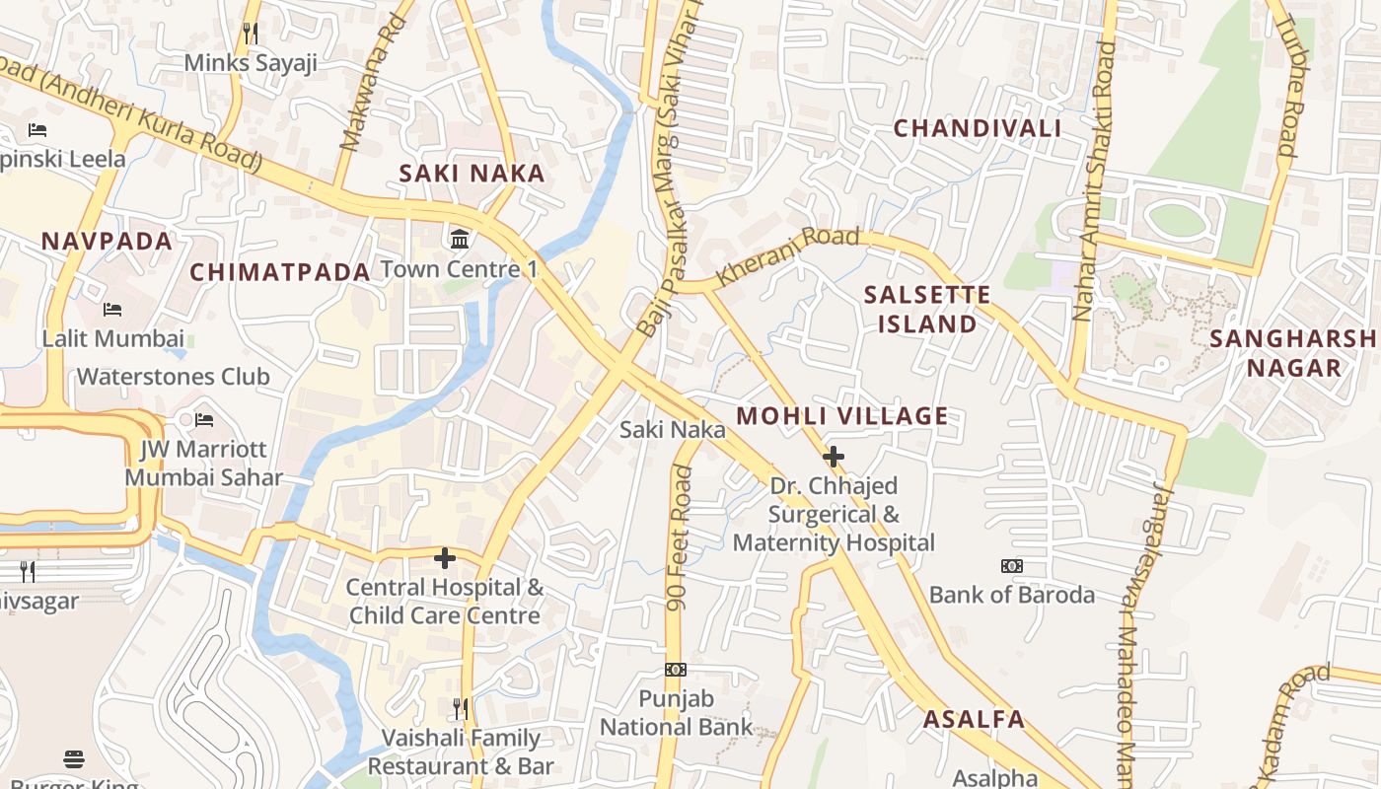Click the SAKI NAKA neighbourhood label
tap(472, 174)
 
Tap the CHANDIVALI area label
tap(977, 128)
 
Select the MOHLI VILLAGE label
tap(841, 416)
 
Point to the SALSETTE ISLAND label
tap(926, 310)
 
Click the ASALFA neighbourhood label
tap(974, 719)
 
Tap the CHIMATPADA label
tap(280, 272)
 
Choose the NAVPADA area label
tap(107, 241)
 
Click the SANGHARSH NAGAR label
tap(1293, 353)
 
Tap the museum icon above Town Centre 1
tap(460, 239)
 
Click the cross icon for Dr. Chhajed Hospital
tap(834, 457)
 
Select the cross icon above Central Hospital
tap(445, 558)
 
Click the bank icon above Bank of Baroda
tap(1011, 566)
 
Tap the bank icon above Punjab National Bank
tap(675, 670)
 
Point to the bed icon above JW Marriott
tap(204, 420)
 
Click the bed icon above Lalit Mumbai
tap(112, 310)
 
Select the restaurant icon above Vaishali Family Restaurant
tap(460, 708)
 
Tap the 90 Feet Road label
tap(679, 538)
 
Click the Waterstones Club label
tap(173, 377)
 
